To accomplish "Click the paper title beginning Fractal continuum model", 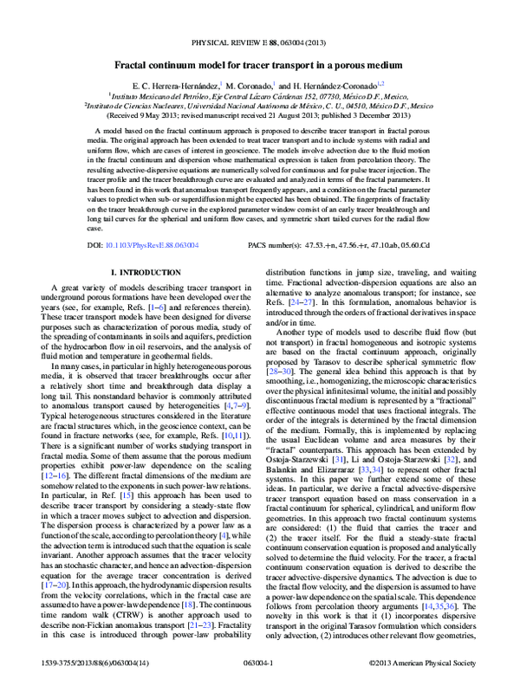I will [260, 65].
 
